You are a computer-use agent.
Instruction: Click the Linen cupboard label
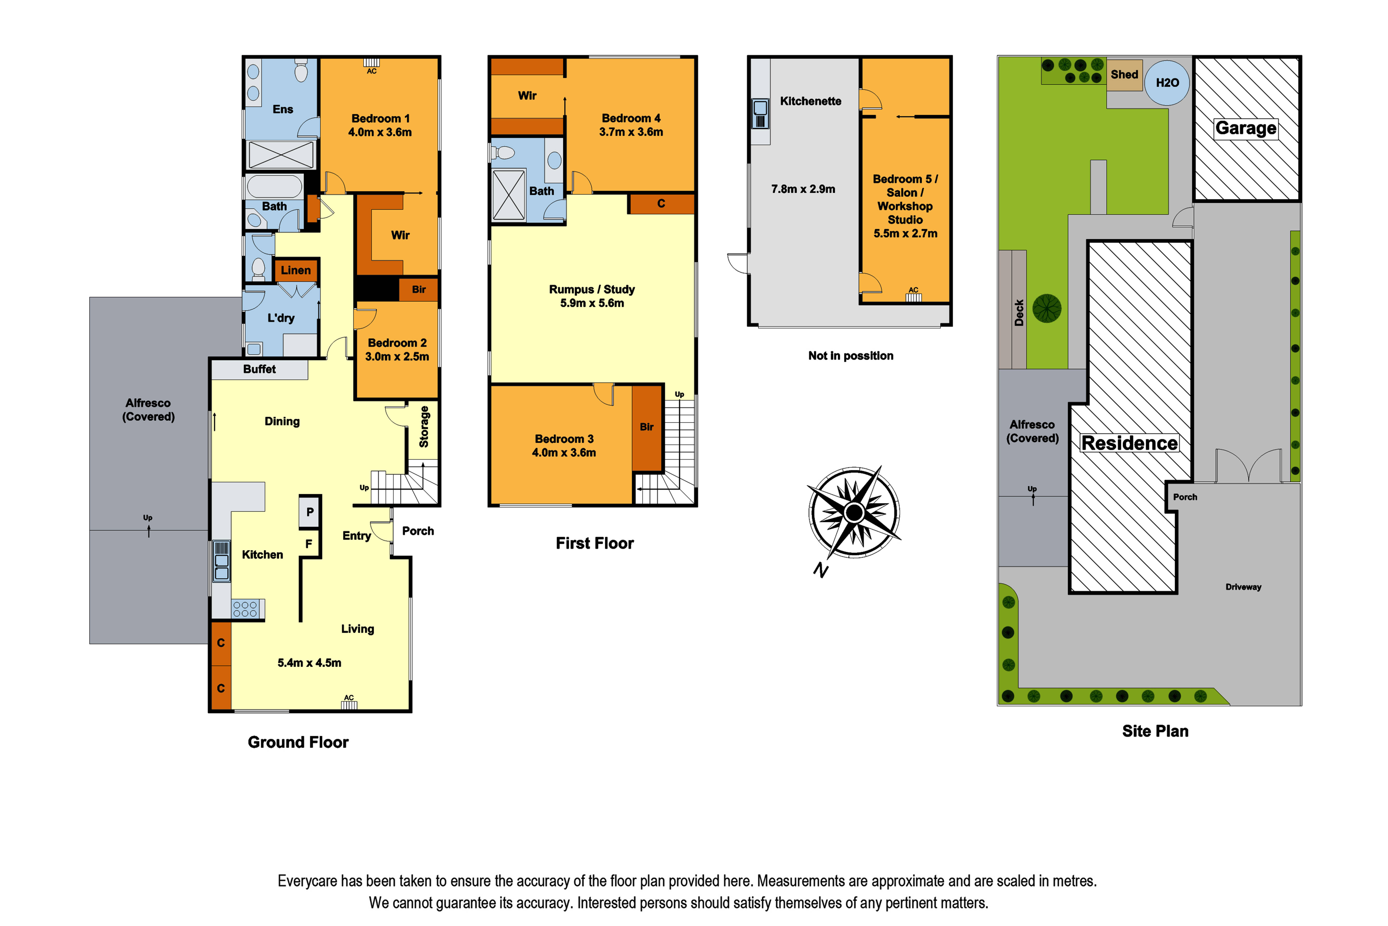[x=295, y=270]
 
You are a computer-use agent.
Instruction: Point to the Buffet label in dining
[x=260, y=369]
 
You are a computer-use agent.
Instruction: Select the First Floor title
[x=595, y=543]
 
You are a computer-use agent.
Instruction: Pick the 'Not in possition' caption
[x=850, y=355]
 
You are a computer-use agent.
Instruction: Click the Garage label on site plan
[x=1246, y=128]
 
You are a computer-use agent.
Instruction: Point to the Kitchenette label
[x=810, y=101]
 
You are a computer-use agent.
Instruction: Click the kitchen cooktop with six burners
[x=245, y=609]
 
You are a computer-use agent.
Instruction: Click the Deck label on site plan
[x=1019, y=313]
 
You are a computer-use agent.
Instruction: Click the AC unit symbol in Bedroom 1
[x=371, y=62]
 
